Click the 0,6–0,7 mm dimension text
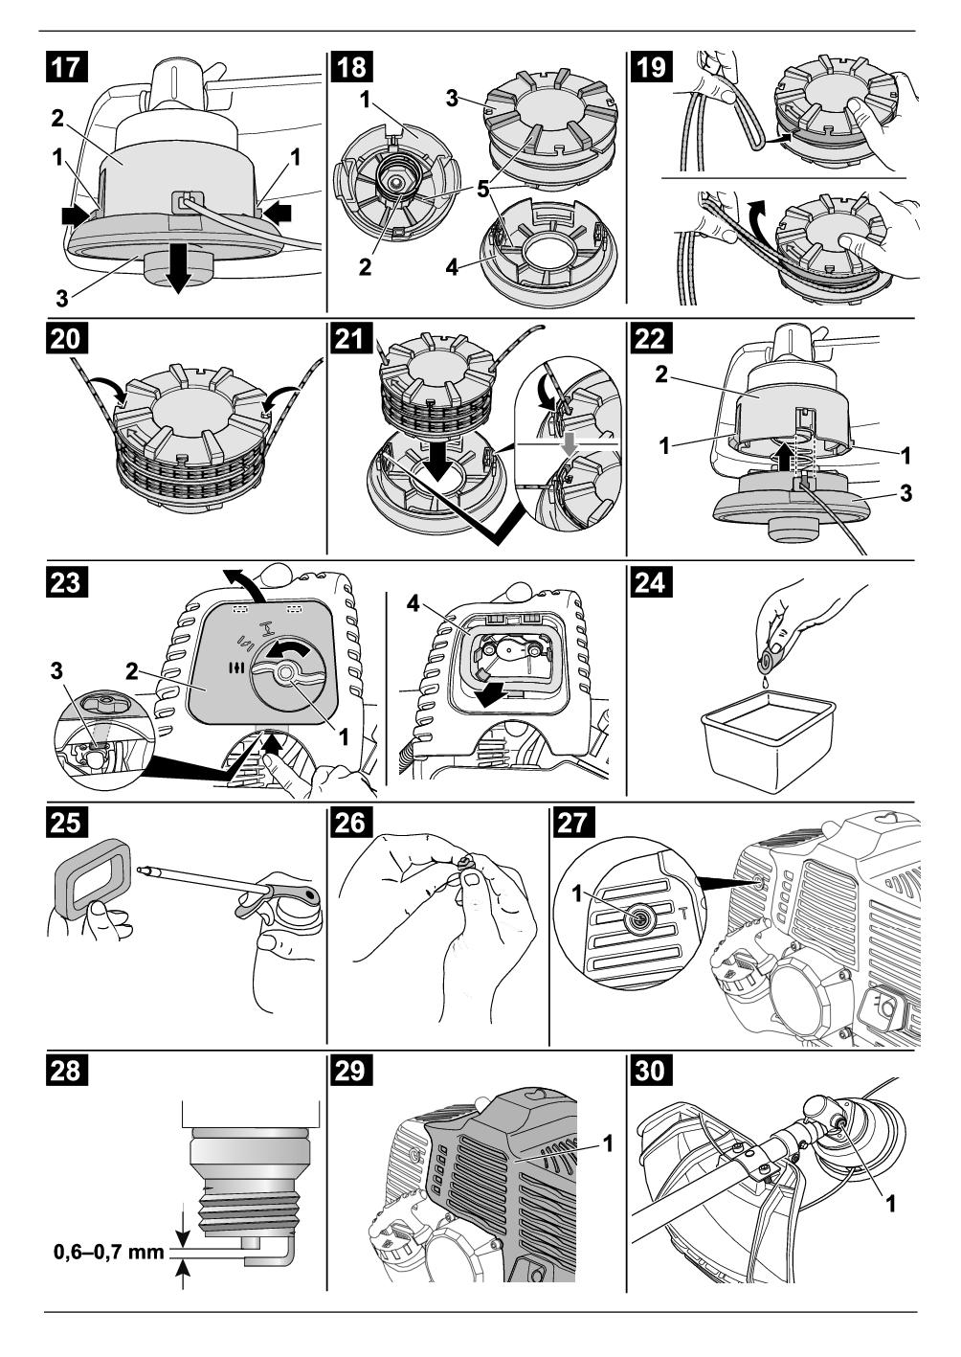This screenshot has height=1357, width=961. tap(107, 1251)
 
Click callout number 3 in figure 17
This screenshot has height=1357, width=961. tap(60, 298)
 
